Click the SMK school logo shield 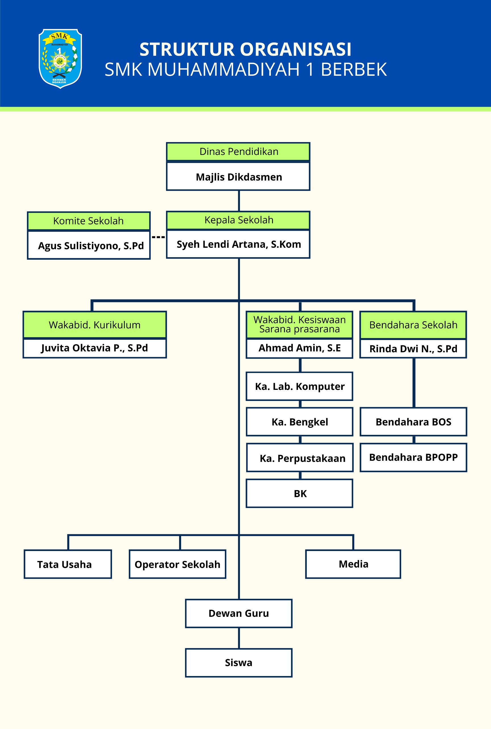(x=60, y=59)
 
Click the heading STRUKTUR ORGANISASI (x=246, y=50)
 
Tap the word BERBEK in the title (x=354, y=69)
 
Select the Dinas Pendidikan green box (x=238, y=152)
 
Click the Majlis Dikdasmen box (x=238, y=177)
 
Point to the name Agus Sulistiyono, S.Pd (x=91, y=245)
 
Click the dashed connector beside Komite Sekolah (x=158, y=237)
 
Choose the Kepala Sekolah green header (x=238, y=220)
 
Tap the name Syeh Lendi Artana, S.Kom (x=239, y=244)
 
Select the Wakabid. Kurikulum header (x=95, y=325)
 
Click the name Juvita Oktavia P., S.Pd (x=95, y=348)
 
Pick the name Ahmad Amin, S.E (x=300, y=348)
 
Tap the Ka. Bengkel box (x=300, y=422)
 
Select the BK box (x=300, y=493)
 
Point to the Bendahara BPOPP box (x=413, y=457)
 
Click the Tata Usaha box (x=68, y=564)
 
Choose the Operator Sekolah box (x=177, y=564)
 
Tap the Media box (x=353, y=564)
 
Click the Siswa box (x=239, y=663)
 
